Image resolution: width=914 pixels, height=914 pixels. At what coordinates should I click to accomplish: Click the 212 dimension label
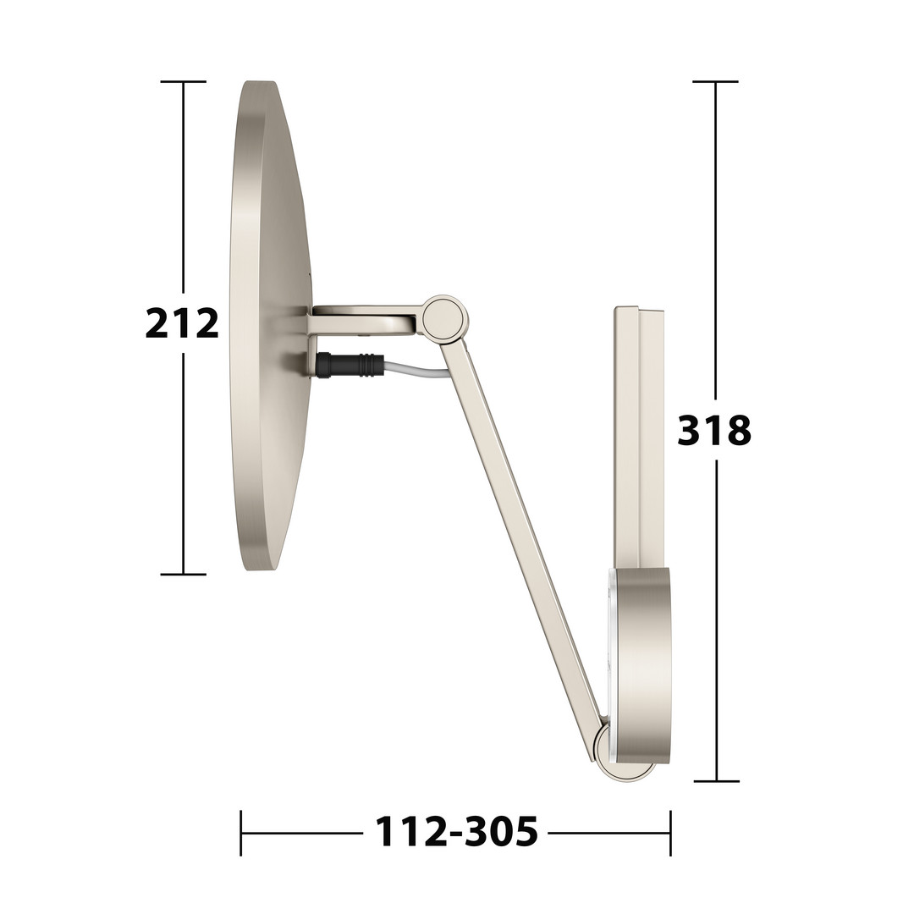(x=182, y=323)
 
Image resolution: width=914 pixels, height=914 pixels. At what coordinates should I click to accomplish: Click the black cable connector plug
(x=347, y=366)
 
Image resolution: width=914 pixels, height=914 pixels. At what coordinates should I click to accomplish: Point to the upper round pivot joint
(x=445, y=318)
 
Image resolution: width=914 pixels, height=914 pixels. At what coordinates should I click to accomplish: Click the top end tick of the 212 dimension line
(x=184, y=81)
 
